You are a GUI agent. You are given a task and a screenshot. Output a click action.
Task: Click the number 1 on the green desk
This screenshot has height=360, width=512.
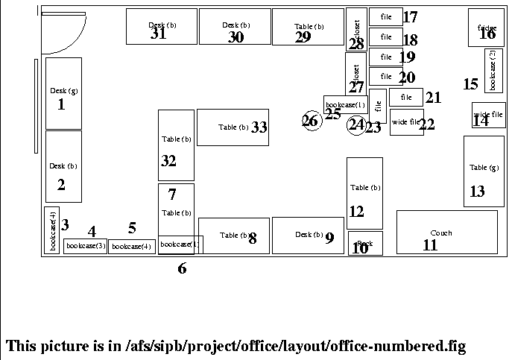[x=62, y=104]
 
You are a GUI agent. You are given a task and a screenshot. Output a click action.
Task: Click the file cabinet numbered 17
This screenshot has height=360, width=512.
[x=385, y=17]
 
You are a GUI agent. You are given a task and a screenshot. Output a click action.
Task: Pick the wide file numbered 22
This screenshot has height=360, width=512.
[x=405, y=122]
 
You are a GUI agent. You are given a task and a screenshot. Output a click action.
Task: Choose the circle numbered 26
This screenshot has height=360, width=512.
[x=311, y=121]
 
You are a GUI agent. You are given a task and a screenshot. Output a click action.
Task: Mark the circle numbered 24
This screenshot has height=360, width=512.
[x=357, y=125]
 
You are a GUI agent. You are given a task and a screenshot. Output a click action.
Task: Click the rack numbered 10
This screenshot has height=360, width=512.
[x=364, y=244]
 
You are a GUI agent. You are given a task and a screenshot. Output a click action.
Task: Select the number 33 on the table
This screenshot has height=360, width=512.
[x=259, y=127]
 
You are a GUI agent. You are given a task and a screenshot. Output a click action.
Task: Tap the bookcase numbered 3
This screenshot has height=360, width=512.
[x=51, y=230]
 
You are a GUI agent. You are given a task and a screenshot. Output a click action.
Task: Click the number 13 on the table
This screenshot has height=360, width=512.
[x=477, y=192]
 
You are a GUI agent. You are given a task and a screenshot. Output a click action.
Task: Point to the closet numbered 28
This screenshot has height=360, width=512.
[x=356, y=30]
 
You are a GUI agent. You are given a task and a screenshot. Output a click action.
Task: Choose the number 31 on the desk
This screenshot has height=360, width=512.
[x=158, y=34]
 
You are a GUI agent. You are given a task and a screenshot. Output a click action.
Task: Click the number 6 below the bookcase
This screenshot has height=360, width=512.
[x=182, y=269]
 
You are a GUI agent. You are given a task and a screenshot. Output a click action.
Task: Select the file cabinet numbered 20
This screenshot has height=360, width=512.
[x=385, y=76]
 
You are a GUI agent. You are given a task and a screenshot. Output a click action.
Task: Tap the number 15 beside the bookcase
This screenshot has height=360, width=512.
[x=470, y=84]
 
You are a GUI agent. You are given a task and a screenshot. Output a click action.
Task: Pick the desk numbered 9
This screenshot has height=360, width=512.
[x=307, y=236]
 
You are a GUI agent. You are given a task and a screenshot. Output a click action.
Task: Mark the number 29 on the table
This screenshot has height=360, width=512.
[x=303, y=37]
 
